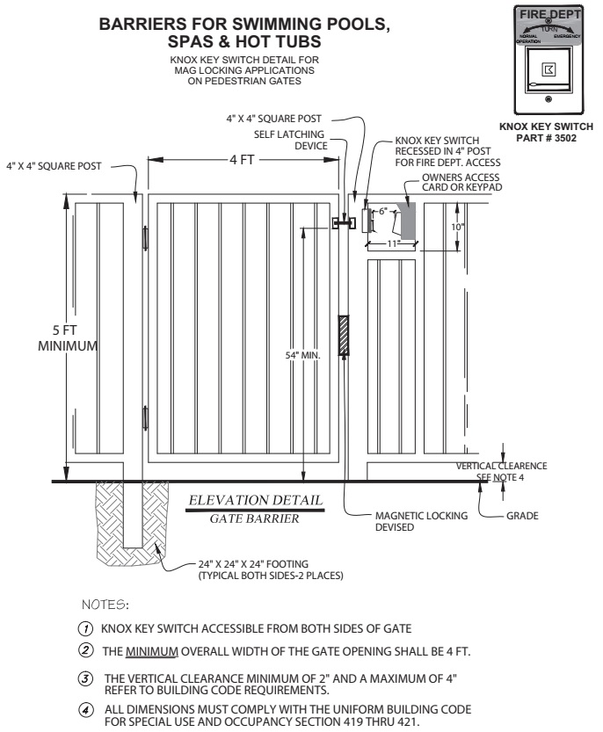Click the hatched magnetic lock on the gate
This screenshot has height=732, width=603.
click(344, 336)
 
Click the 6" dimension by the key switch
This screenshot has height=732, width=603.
click(383, 212)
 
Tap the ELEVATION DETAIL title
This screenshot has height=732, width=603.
click(255, 501)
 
